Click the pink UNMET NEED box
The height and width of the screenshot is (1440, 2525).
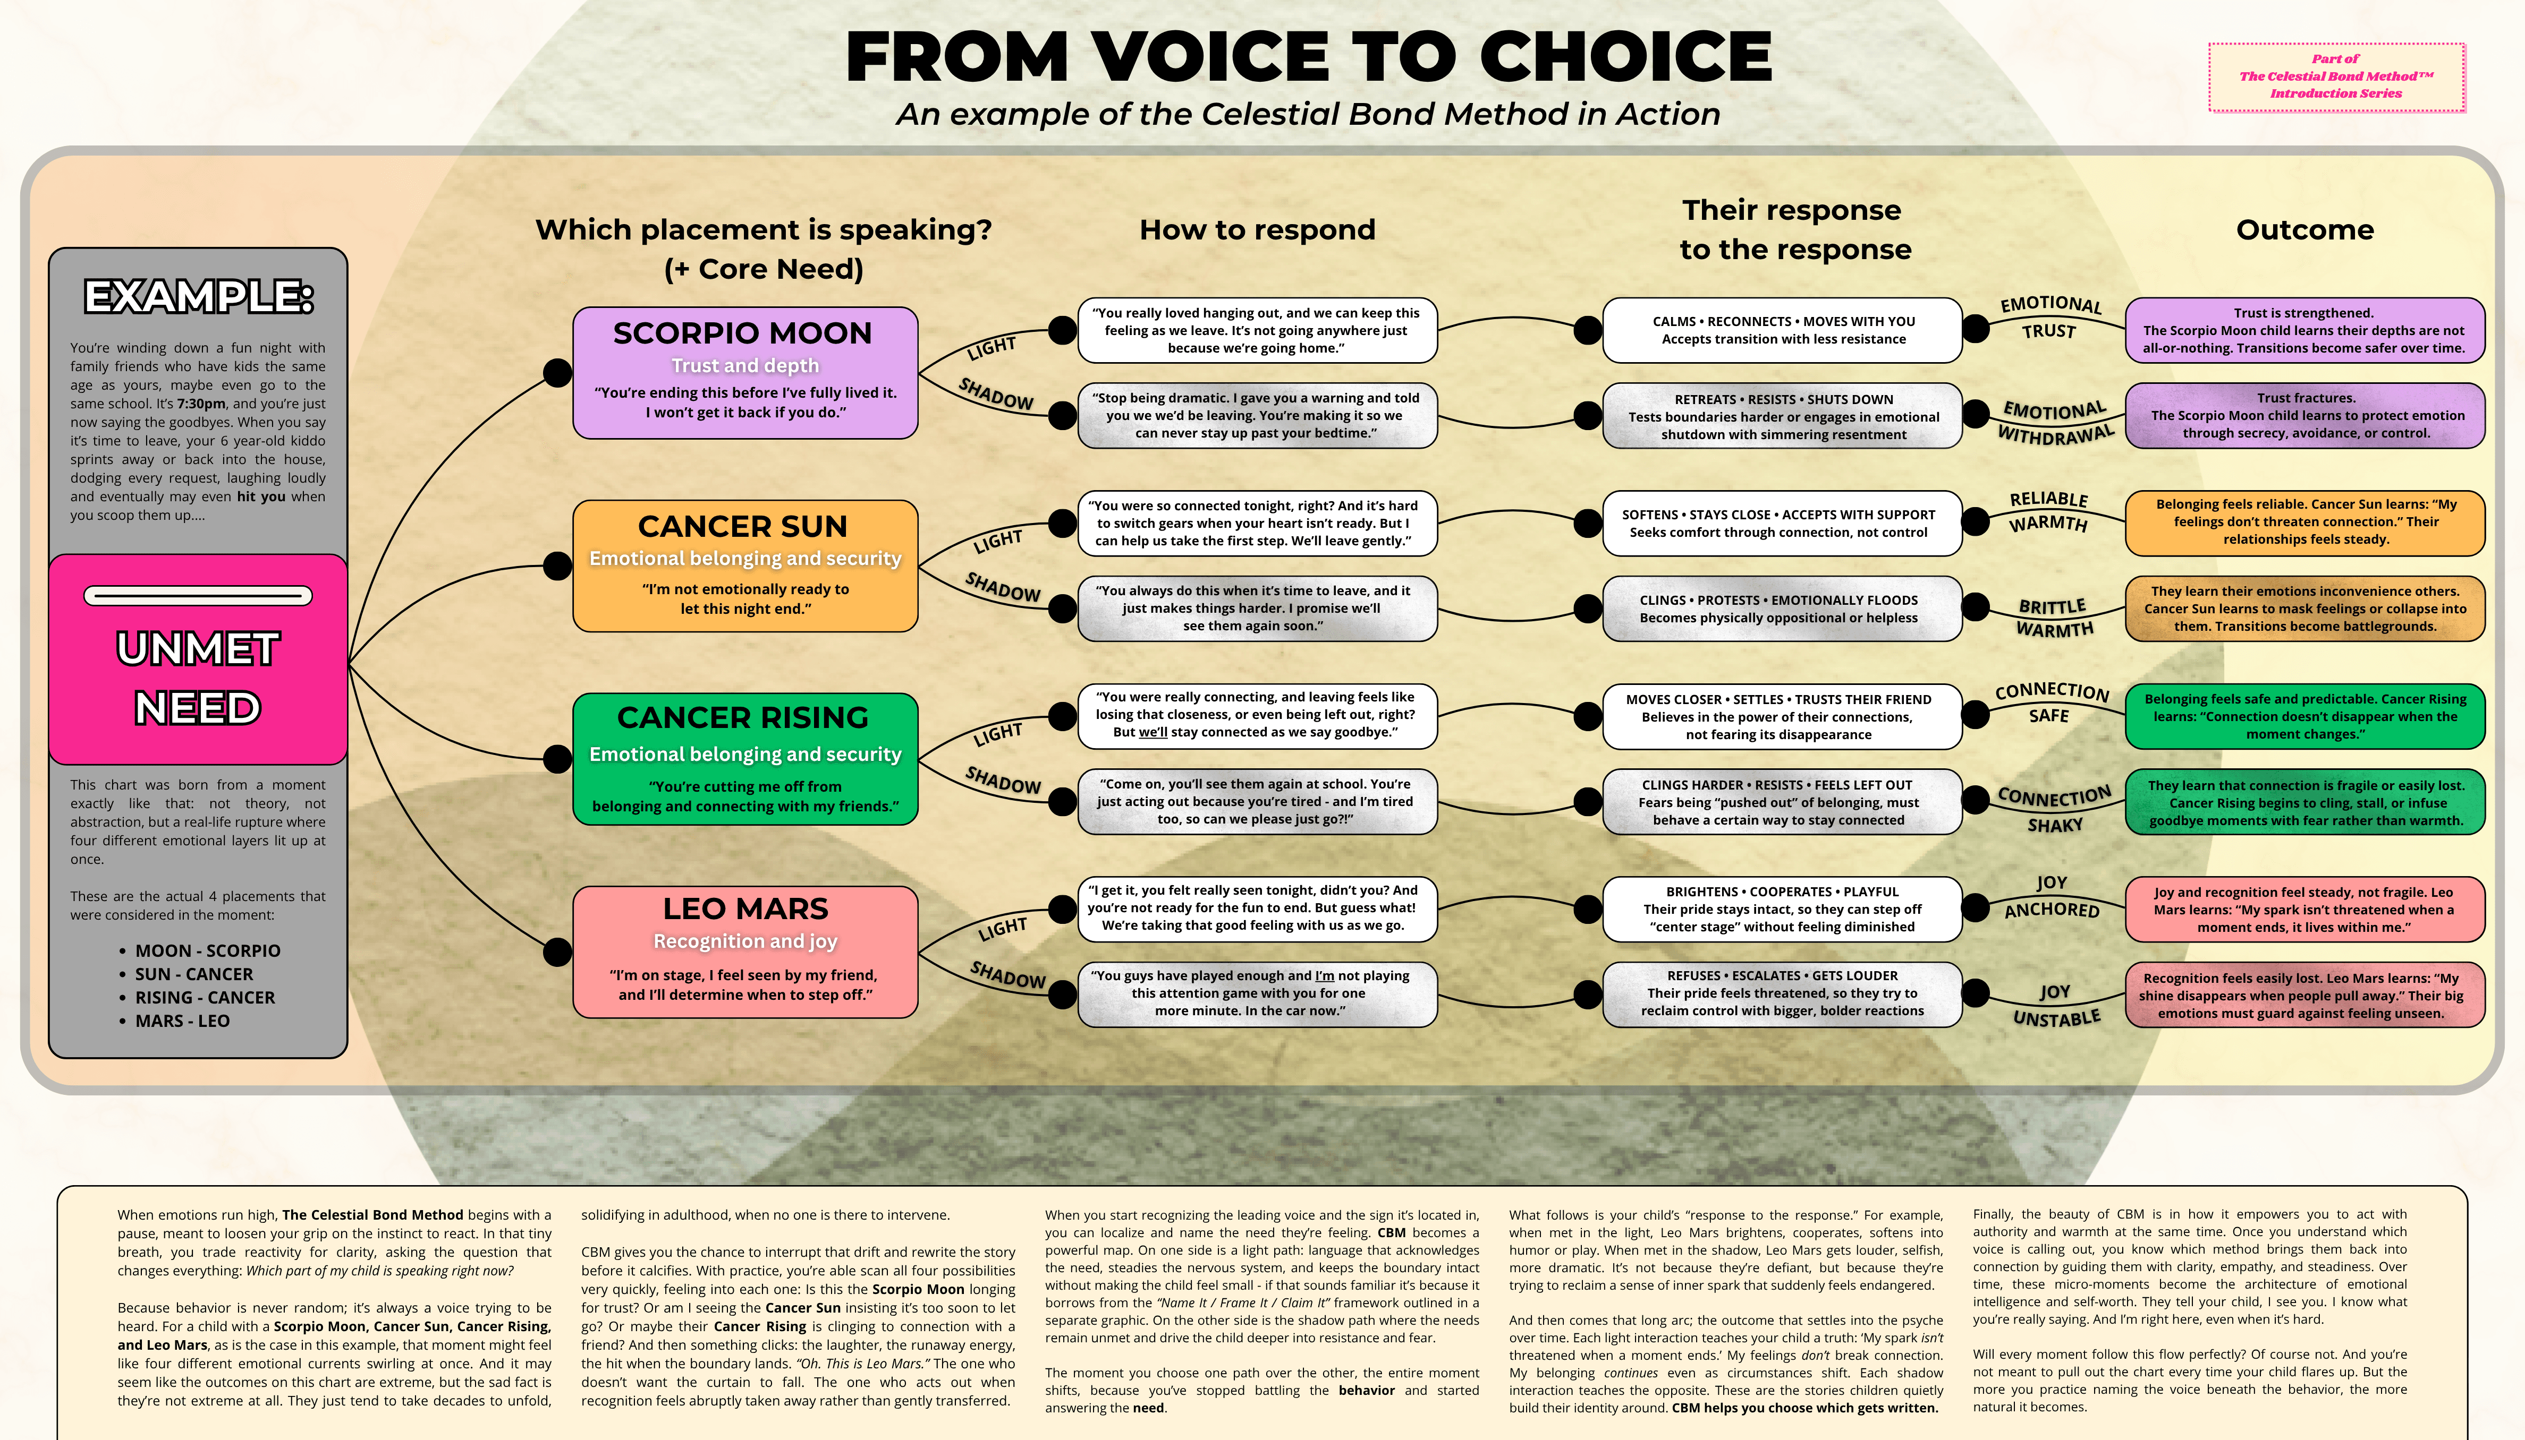pos(198,659)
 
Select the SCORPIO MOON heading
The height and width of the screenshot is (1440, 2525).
pos(742,333)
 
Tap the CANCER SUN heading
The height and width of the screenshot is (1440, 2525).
pos(742,526)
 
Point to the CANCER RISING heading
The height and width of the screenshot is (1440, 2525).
pos(742,717)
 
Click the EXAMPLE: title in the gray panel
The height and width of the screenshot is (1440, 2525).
pos(198,297)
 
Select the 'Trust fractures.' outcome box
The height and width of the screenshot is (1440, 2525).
pos(2304,415)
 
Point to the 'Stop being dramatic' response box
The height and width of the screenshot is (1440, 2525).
pos(1257,415)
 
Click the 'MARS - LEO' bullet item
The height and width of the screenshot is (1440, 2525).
pos(182,1021)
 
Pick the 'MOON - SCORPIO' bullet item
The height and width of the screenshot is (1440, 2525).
pos(208,950)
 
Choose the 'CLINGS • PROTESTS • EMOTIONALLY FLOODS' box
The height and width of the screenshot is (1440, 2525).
pos(1778,608)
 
